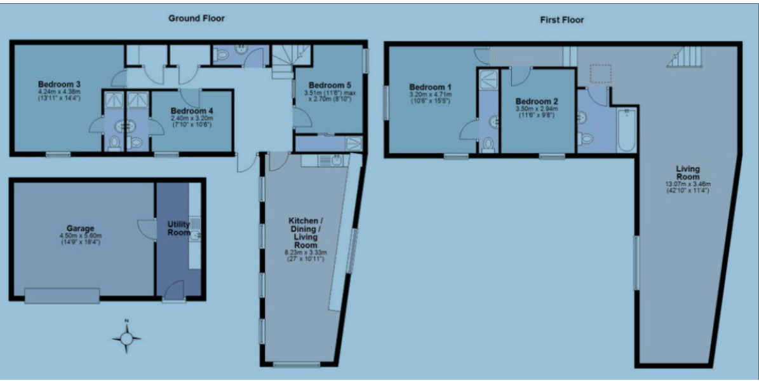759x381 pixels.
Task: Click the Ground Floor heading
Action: (196, 18)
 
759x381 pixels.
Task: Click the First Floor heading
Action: (561, 20)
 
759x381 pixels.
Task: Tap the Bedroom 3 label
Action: (59, 84)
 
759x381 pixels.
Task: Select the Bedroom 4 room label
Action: (191, 111)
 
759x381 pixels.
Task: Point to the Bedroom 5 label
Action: (328, 85)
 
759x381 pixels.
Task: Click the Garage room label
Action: (80, 228)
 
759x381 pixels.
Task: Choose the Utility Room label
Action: (178, 228)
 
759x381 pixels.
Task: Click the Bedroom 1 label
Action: (430, 87)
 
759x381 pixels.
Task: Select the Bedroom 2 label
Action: (537, 101)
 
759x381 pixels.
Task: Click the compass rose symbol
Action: (126, 338)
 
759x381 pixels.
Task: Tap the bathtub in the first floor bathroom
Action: (627, 130)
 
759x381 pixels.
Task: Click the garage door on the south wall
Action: (62, 296)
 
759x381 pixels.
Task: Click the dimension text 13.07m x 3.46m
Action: (687, 184)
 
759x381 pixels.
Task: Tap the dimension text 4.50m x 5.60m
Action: (80, 236)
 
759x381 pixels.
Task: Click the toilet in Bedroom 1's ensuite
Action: (488, 145)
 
